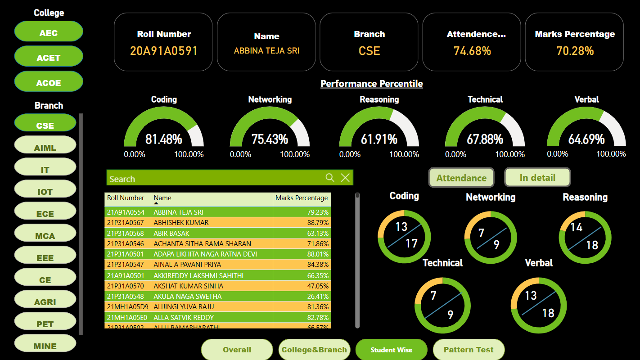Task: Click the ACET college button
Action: click(x=49, y=57)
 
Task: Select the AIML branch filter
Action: click(x=45, y=147)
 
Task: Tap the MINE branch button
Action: click(x=45, y=346)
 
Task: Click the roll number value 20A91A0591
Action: click(x=164, y=51)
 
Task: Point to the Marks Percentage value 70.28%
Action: click(x=575, y=51)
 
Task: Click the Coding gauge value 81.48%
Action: click(x=164, y=139)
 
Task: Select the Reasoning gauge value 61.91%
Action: click(x=379, y=139)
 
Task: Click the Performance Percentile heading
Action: click(x=371, y=84)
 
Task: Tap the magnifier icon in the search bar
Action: click(x=330, y=178)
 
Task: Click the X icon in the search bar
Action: click(x=345, y=178)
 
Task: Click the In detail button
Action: click(x=537, y=177)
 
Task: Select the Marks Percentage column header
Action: click(x=302, y=198)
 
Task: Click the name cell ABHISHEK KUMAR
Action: click(x=181, y=223)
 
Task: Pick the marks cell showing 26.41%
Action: click(x=317, y=297)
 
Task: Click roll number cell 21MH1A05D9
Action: click(x=127, y=307)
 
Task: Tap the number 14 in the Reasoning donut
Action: click(x=577, y=227)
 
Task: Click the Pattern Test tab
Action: click(x=469, y=350)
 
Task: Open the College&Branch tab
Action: click(x=314, y=350)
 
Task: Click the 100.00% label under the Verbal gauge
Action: click(x=611, y=154)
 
